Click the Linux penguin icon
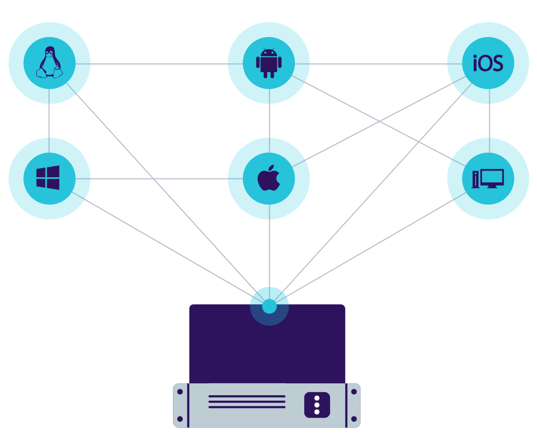coord(49,63)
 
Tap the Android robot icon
coord(269,63)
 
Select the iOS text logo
coord(488,63)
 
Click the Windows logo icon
coord(48,178)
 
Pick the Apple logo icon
coord(269,178)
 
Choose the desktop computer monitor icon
coord(488,179)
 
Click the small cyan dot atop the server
coord(269,306)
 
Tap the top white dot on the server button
coord(317,398)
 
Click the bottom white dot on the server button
coord(317,412)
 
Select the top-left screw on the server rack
coord(180,392)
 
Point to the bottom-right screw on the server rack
coord(354,419)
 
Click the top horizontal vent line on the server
coord(247,396)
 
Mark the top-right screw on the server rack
coord(354,392)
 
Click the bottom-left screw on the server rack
coord(180,419)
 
